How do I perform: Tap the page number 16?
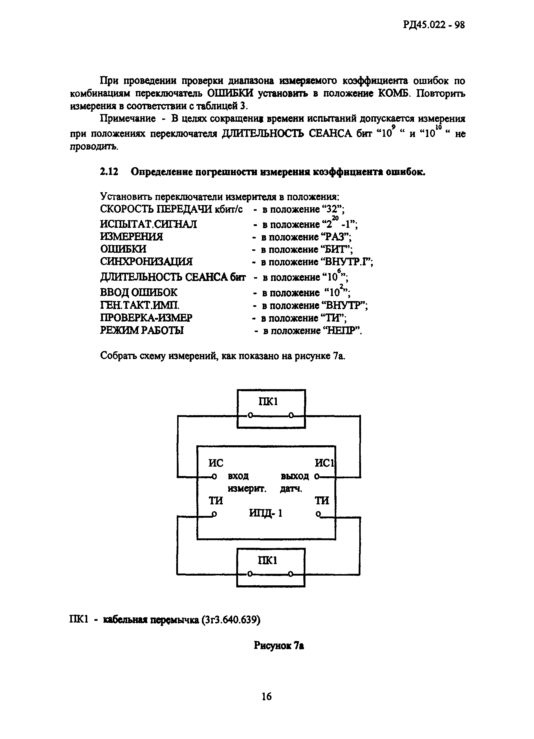click(266, 696)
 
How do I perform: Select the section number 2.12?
click(109, 172)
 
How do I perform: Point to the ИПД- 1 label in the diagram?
click(266, 513)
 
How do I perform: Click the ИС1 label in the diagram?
click(325, 463)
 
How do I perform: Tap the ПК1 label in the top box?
click(268, 402)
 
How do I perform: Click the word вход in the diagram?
click(238, 476)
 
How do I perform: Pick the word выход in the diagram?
click(295, 476)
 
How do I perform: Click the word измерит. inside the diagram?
click(247, 489)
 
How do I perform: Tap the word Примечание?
click(128, 118)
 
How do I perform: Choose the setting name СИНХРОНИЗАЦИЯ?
click(146, 262)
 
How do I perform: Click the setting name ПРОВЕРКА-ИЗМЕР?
click(146, 318)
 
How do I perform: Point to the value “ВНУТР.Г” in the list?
click(347, 262)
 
